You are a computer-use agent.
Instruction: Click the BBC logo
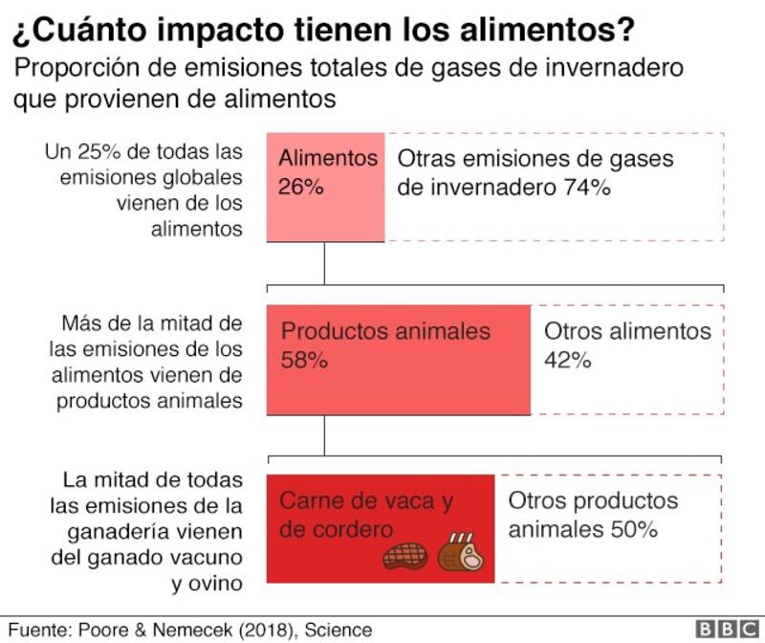pos(728,629)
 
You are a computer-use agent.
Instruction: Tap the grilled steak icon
pos(405,556)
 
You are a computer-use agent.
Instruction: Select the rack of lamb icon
pos(460,552)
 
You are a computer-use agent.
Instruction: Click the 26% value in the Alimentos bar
pos(300,187)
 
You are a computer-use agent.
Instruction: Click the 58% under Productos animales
pos(304,361)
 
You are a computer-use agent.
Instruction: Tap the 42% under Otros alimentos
pos(567,361)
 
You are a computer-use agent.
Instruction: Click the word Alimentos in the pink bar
pos(328,158)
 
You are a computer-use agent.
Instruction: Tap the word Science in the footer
pos(339,630)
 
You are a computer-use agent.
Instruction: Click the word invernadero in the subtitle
pos(614,67)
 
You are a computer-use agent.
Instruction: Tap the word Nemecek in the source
pos(192,630)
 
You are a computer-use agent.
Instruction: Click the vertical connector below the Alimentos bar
pos(324,264)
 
